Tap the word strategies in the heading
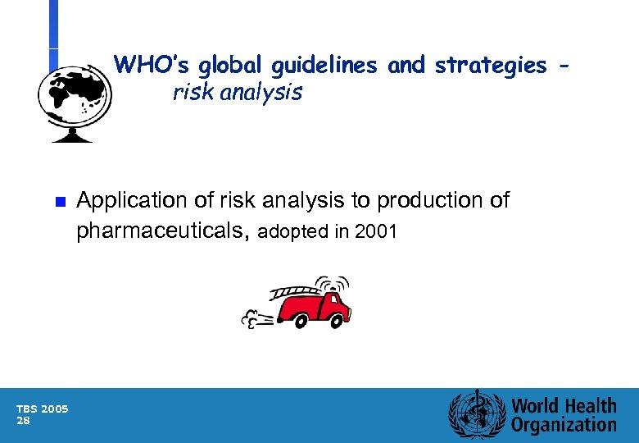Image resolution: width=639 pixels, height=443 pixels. pyautogui.click(x=490, y=65)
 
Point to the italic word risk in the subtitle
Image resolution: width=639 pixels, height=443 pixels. pyautogui.click(x=191, y=93)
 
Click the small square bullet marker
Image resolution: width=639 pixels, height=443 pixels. pyautogui.click(x=58, y=202)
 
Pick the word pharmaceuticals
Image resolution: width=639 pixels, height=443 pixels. pyautogui.click(x=162, y=231)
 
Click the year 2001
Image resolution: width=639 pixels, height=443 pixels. pyautogui.click(x=376, y=232)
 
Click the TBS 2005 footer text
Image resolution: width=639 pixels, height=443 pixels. pyautogui.click(x=43, y=409)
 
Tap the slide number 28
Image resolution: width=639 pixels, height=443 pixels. pyautogui.click(x=24, y=420)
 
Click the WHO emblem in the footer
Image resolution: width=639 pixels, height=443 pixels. pyautogui.click(x=475, y=415)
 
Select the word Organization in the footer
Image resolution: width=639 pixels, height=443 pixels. pyautogui.click(x=564, y=425)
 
